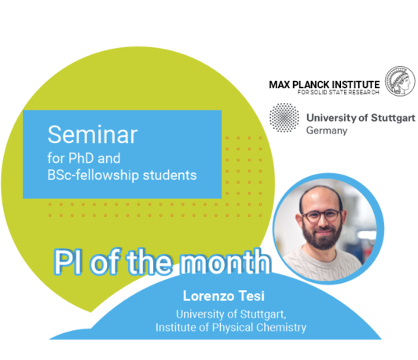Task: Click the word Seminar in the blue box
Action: pos(93,134)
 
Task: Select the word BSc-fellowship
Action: pos(93,175)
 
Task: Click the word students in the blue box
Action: pos(170,175)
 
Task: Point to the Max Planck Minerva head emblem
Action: pos(400,81)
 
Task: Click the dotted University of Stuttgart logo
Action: pos(284,118)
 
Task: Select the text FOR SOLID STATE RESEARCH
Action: pos(339,92)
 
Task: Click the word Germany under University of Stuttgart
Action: pos(327,130)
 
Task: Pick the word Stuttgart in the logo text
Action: pos(393,118)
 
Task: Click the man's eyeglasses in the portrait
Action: pos(321,215)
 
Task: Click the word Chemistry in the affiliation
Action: pos(281,328)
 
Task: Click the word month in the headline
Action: pos(225,263)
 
